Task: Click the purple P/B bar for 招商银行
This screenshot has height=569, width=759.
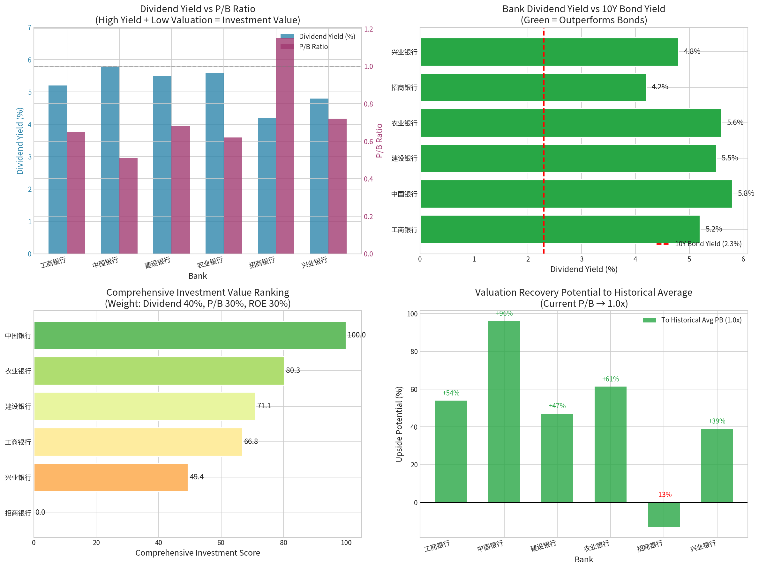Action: click(285, 146)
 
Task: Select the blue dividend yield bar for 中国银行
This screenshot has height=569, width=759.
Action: click(110, 160)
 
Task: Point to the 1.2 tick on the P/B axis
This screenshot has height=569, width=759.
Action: click(369, 29)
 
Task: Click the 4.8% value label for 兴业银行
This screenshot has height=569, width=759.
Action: click(692, 51)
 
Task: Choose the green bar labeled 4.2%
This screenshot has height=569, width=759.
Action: click(533, 87)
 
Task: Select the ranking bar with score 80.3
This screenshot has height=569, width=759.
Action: click(159, 371)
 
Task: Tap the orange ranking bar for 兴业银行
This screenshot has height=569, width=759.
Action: click(111, 477)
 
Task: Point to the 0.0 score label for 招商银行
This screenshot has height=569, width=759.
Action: click(40, 513)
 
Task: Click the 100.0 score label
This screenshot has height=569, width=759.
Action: click(357, 335)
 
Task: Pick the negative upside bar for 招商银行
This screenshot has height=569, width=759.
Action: click(664, 514)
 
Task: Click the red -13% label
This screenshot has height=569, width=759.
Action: click(664, 495)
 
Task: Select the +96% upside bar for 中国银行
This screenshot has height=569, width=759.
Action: click(504, 411)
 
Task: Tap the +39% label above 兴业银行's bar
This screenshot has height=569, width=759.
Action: click(717, 421)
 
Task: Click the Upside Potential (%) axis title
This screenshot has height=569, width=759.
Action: click(399, 424)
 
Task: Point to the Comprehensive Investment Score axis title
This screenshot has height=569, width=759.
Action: click(198, 553)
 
